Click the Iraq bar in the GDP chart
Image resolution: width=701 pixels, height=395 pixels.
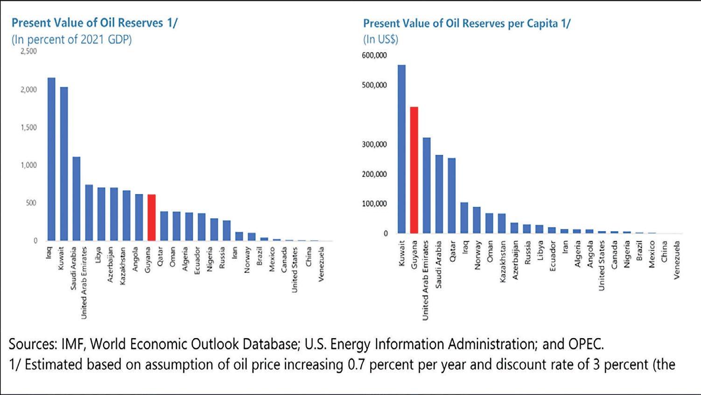tap(51, 159)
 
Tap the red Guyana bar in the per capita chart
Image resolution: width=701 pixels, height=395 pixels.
tap(414, 170)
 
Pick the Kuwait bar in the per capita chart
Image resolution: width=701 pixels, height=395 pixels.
tap(401, 149)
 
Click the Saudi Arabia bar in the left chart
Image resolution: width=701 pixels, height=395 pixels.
tap(76, 198)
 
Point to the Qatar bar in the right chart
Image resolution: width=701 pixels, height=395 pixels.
tap(451, 195)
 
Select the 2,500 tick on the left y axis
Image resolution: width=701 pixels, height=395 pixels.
tap(28, 51)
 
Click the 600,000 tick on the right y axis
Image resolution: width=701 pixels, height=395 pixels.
tap(374, 55)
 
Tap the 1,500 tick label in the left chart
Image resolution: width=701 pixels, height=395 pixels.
tap(28, 127)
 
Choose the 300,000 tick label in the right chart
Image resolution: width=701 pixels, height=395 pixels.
tap(374, 145)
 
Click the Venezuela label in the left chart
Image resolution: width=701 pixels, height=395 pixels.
tap(321, 264)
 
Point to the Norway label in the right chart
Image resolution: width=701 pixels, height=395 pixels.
tap(477, 255)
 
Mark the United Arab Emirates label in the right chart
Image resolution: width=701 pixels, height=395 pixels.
tap(425, 280)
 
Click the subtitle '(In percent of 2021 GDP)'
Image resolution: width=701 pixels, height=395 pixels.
tap(71, 39)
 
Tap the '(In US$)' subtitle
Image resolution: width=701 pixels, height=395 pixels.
tap(381, 39)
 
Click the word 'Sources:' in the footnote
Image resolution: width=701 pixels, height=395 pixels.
tap(33, 344)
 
